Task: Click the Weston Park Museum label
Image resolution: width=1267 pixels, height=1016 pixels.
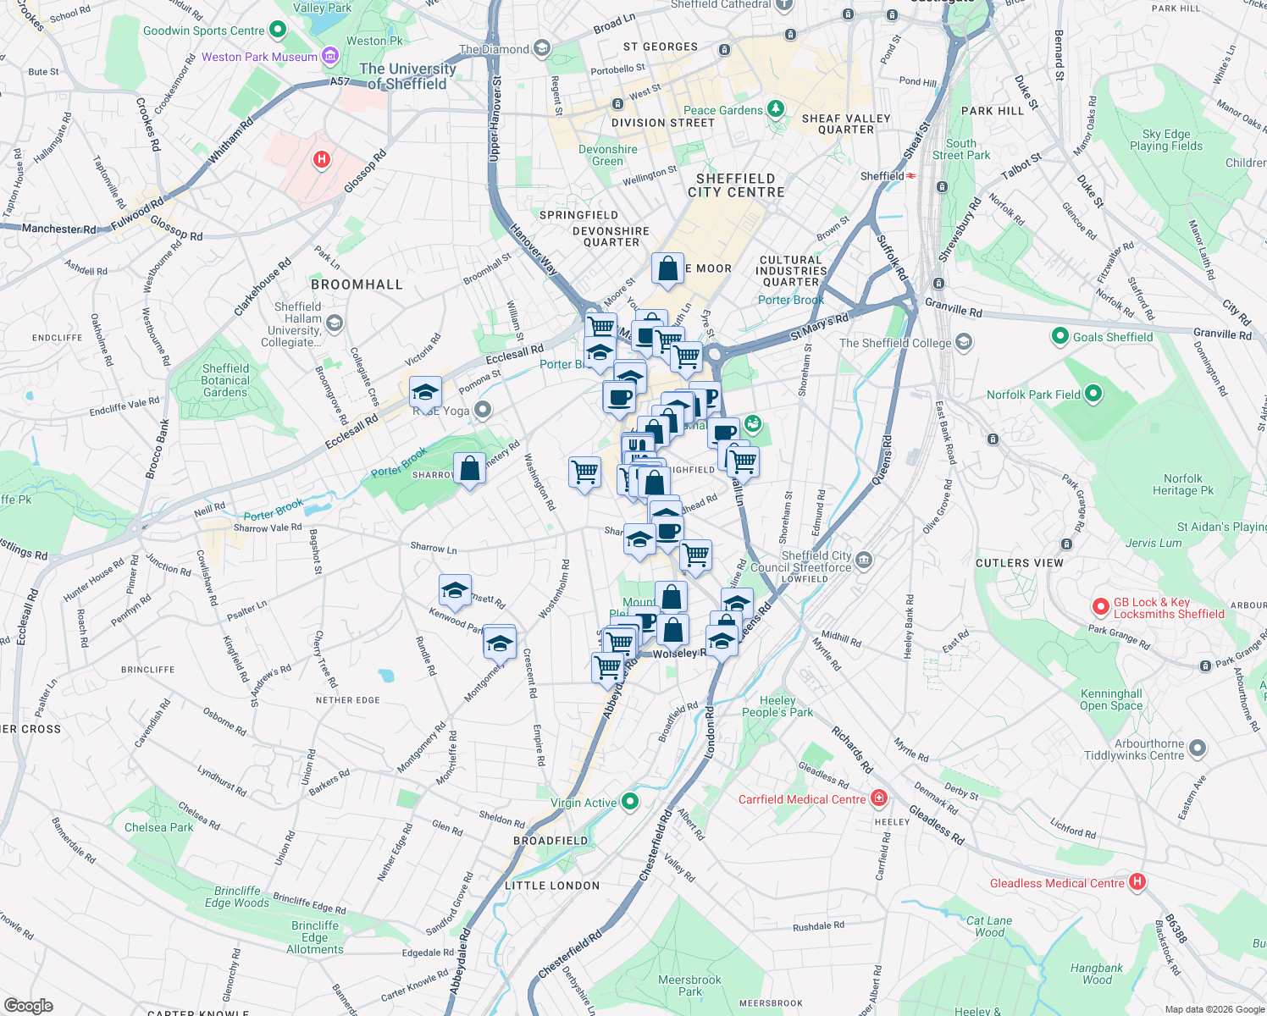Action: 259,57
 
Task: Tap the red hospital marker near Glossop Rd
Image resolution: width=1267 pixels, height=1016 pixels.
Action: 321,159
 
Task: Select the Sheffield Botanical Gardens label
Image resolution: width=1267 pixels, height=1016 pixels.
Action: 225,380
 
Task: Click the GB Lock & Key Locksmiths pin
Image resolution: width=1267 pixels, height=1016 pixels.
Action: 1100,606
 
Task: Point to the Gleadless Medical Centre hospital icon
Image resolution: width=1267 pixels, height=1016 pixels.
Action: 1137,882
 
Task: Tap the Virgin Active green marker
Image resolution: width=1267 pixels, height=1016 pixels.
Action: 629,801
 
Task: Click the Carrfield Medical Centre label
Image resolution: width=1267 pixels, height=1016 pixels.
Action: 802,799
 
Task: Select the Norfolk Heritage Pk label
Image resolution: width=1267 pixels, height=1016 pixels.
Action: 1182,484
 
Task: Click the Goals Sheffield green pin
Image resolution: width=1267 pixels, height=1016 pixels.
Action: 1060,336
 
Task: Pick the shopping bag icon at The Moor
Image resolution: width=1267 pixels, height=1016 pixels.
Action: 667,269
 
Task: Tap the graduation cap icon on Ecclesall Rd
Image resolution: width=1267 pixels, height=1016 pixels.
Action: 425,393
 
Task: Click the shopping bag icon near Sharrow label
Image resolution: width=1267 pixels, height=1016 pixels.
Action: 469,468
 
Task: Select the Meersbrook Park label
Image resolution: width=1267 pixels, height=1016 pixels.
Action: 689,986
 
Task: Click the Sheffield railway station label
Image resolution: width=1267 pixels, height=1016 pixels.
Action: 882,176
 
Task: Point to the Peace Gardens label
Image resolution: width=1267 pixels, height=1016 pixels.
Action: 722,110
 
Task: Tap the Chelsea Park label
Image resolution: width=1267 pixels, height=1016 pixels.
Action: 158,827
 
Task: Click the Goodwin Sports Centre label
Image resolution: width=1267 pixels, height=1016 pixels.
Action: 203,30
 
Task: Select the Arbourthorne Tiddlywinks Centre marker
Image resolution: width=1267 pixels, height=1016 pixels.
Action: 1197,748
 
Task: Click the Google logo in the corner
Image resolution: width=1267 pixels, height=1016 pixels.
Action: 28,1005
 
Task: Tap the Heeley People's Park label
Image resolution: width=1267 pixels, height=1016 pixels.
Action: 777,706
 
